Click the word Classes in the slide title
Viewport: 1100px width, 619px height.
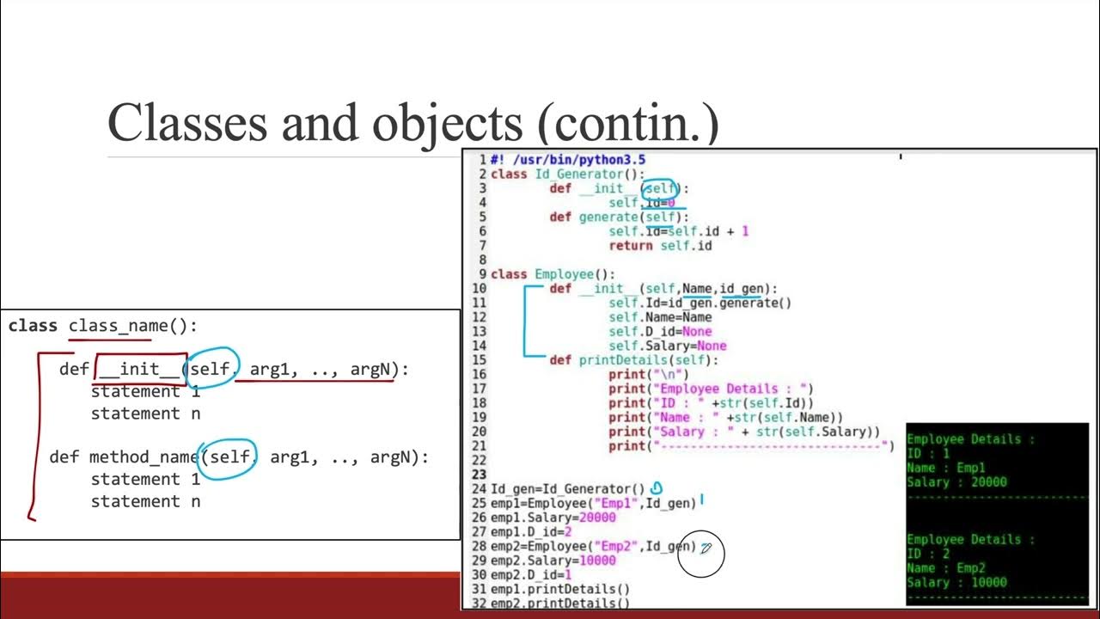(x=187, y=122)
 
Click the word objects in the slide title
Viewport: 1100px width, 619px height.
(x=446, y=122)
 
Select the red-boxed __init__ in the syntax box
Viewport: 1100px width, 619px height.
(x=140, y=370)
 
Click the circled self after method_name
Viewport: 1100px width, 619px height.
(x=229, y=457)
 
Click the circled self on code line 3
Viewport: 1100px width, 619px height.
(x=661, y=188)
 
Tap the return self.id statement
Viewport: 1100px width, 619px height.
(x=660, y=246)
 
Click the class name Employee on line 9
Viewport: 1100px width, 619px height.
(x=564, y=274)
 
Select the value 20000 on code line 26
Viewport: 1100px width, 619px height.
(x=598, y=518)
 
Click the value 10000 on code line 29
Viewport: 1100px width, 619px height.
(x=598, y=561)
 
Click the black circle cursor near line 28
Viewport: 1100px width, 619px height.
(x=701, y=555)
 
